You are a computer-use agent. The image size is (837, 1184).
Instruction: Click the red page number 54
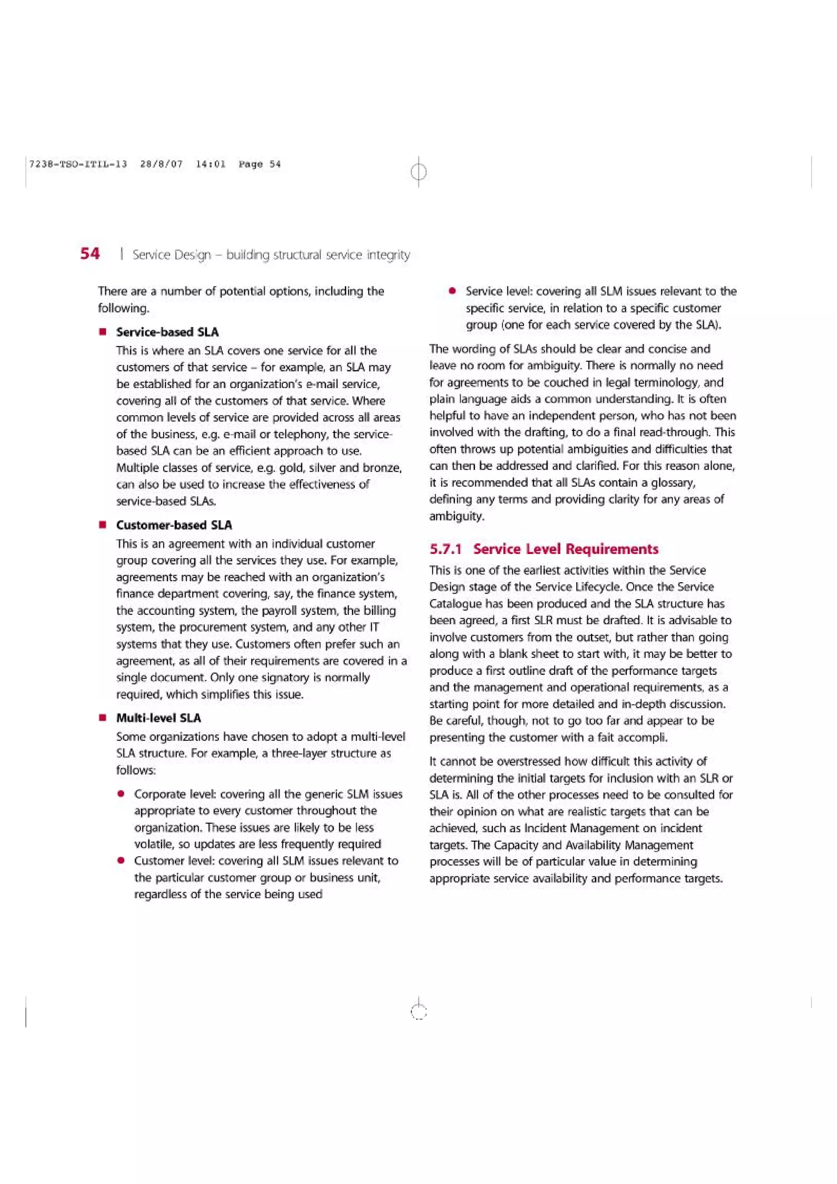[90, 253]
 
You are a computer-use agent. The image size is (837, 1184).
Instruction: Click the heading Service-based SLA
[167, 332]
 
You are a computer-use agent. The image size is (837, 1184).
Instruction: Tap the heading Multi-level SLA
[158, 718]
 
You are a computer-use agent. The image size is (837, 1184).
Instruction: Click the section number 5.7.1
[445, 549]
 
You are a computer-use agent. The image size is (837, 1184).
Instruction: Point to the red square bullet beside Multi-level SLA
[103, 718]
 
